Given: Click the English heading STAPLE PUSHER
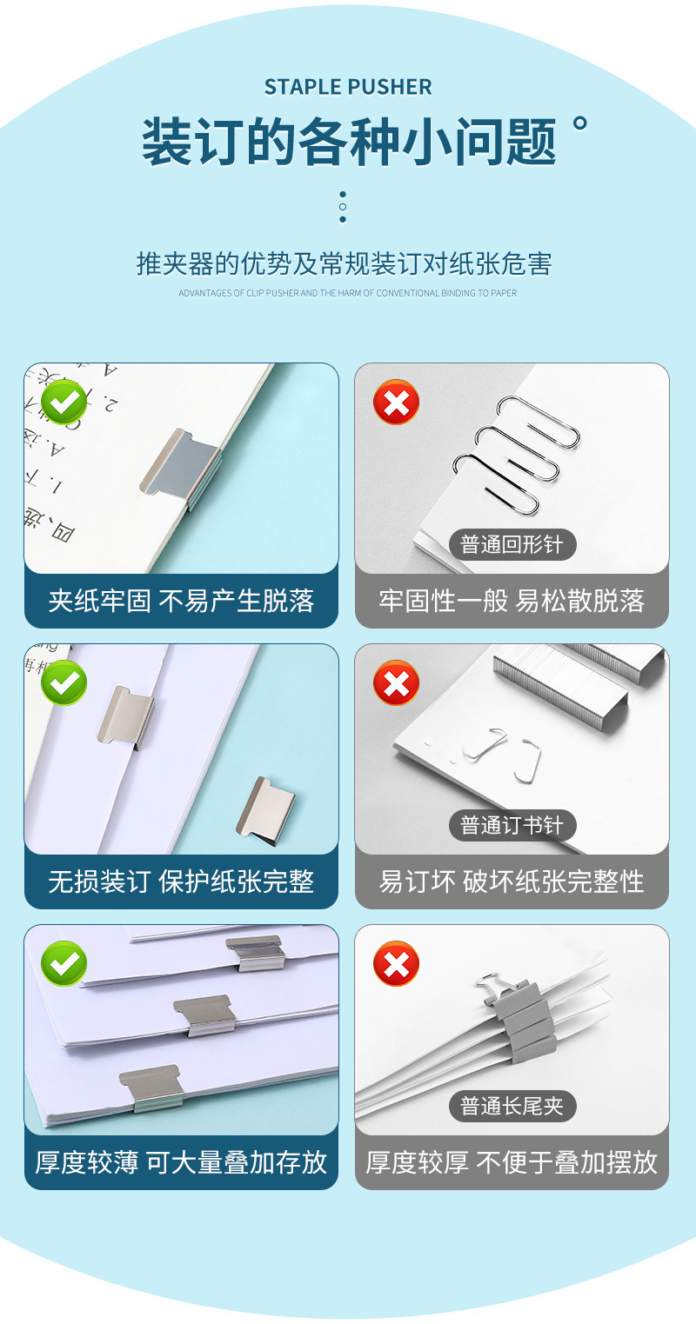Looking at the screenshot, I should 348,87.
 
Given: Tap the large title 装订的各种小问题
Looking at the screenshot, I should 348,142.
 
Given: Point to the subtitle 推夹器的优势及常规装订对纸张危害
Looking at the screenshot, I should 345,263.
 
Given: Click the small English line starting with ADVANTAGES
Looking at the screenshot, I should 347,293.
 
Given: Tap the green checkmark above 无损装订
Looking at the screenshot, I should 64,682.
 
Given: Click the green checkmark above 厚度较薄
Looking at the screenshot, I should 64,963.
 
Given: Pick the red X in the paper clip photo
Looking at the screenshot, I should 396,402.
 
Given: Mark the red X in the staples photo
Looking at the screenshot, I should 396,682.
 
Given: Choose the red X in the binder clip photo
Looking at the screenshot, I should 396,963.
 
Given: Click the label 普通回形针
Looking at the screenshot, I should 512,545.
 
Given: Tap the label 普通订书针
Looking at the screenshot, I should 512,825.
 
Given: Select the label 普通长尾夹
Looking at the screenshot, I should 512,1106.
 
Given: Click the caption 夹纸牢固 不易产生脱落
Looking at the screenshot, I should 181,601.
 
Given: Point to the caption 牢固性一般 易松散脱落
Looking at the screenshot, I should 512,601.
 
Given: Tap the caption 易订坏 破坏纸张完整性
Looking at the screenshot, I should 512,882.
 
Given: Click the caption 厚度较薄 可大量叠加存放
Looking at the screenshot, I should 181,1162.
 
